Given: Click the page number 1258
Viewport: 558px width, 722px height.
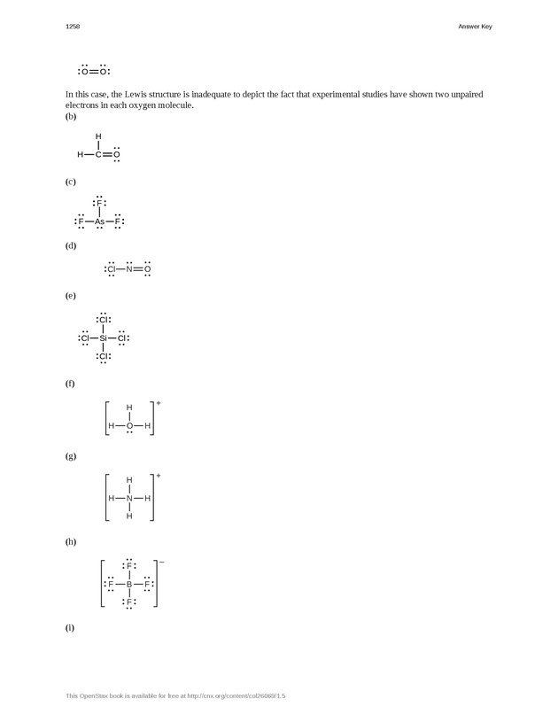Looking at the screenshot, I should tap(73, 27).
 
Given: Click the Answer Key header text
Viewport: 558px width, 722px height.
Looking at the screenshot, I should tap(475, 27).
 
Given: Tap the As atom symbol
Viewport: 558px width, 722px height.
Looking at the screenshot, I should tap(100, 221).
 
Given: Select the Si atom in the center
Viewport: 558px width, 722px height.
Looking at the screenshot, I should tap(104, 338).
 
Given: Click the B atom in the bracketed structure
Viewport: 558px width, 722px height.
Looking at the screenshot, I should tap(129, 585).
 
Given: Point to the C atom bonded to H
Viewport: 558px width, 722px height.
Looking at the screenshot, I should tap(98, 154).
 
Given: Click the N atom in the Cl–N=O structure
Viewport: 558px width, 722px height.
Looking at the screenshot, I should tap(128, 268).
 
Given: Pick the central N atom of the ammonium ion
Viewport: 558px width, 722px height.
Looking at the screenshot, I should tap(129, 498).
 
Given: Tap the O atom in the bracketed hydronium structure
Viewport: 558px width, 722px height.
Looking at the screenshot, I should tap(129, 425).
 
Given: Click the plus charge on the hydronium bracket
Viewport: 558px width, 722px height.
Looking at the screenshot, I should tap(159, 403).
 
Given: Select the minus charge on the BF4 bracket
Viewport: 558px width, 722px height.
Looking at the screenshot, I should tap(161, 563).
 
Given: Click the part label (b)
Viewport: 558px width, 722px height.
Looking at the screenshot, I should tap(71, 116).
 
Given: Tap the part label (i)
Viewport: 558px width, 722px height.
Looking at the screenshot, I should tap(70, 627).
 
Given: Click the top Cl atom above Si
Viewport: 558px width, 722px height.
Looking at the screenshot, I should tap(104, 319).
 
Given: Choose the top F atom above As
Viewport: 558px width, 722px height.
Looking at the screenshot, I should tap(99, 203).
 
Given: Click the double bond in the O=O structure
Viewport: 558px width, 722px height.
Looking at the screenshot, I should tap(94, 71).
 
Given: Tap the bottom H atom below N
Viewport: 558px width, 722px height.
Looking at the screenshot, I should tap(129, 516).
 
